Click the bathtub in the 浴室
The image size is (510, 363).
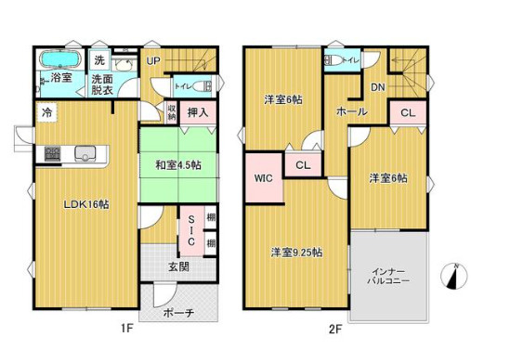pyautogui.click(x=59, y=59)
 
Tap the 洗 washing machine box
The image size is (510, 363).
pyautogui.click(x=99, y=60)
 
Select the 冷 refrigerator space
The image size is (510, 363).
pyautogui.click(x=47, y=112)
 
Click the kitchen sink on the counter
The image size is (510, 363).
pyautogui.click(x=85, y=153)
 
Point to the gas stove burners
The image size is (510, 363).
pyautogui.click(x=52, y=153)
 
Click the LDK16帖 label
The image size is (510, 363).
pyautogui.click(x=85, y=204)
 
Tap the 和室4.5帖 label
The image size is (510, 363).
pyautogui.click(x=178, y=165)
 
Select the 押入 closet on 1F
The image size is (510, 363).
pyautogui.click(x=198, y=112)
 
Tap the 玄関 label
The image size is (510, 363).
pyautogui.click(x=179, y=267)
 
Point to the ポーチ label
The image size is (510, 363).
pyautogui.click(x=178, y=313)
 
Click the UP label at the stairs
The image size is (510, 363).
pyautogui.click(x=153, y=60)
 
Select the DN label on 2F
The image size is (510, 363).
pyautogui.click(x=377, y=87)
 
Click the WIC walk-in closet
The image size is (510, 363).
pyautogui.click(x=264, y=177)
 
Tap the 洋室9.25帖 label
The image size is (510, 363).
pyautogui.click(x=296, y=253)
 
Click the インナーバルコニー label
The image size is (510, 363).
pyautogui.click(x=388, y=277)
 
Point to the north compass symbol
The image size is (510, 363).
pyautogui.click(x=453, y=277)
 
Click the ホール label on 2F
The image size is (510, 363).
pyautogui.click(x=351, y=111)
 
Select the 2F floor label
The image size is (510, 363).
pyautogui.click(x=335, y=330)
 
